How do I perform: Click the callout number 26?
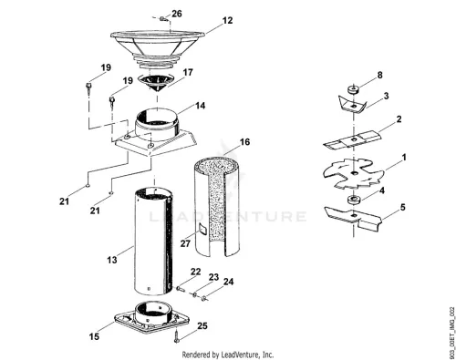[177, 14]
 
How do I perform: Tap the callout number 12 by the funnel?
[227, 20]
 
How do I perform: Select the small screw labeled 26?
[162, 19]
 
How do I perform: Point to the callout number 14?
[201, 106]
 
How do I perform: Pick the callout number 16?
[244, 142]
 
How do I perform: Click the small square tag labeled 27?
[202, 228]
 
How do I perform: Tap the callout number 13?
[112, 260]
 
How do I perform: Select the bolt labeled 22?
[180, 288]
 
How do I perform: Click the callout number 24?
[228, 282]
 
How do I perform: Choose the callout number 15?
[94, 336]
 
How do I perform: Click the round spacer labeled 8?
[353, 89]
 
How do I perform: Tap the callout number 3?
[386, 96]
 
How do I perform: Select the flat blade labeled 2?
[353, 139]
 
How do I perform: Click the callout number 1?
[404, 158]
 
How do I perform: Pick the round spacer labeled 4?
[354, 200]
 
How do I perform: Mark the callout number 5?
[403, 207]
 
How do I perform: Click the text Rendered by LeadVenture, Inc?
[228, 355]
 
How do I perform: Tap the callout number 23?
[213, 277]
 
